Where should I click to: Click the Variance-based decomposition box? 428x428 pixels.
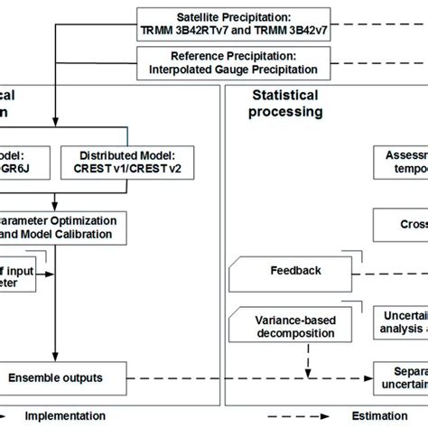tap(289, 323)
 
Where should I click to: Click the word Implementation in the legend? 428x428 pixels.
tap(65, 416)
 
